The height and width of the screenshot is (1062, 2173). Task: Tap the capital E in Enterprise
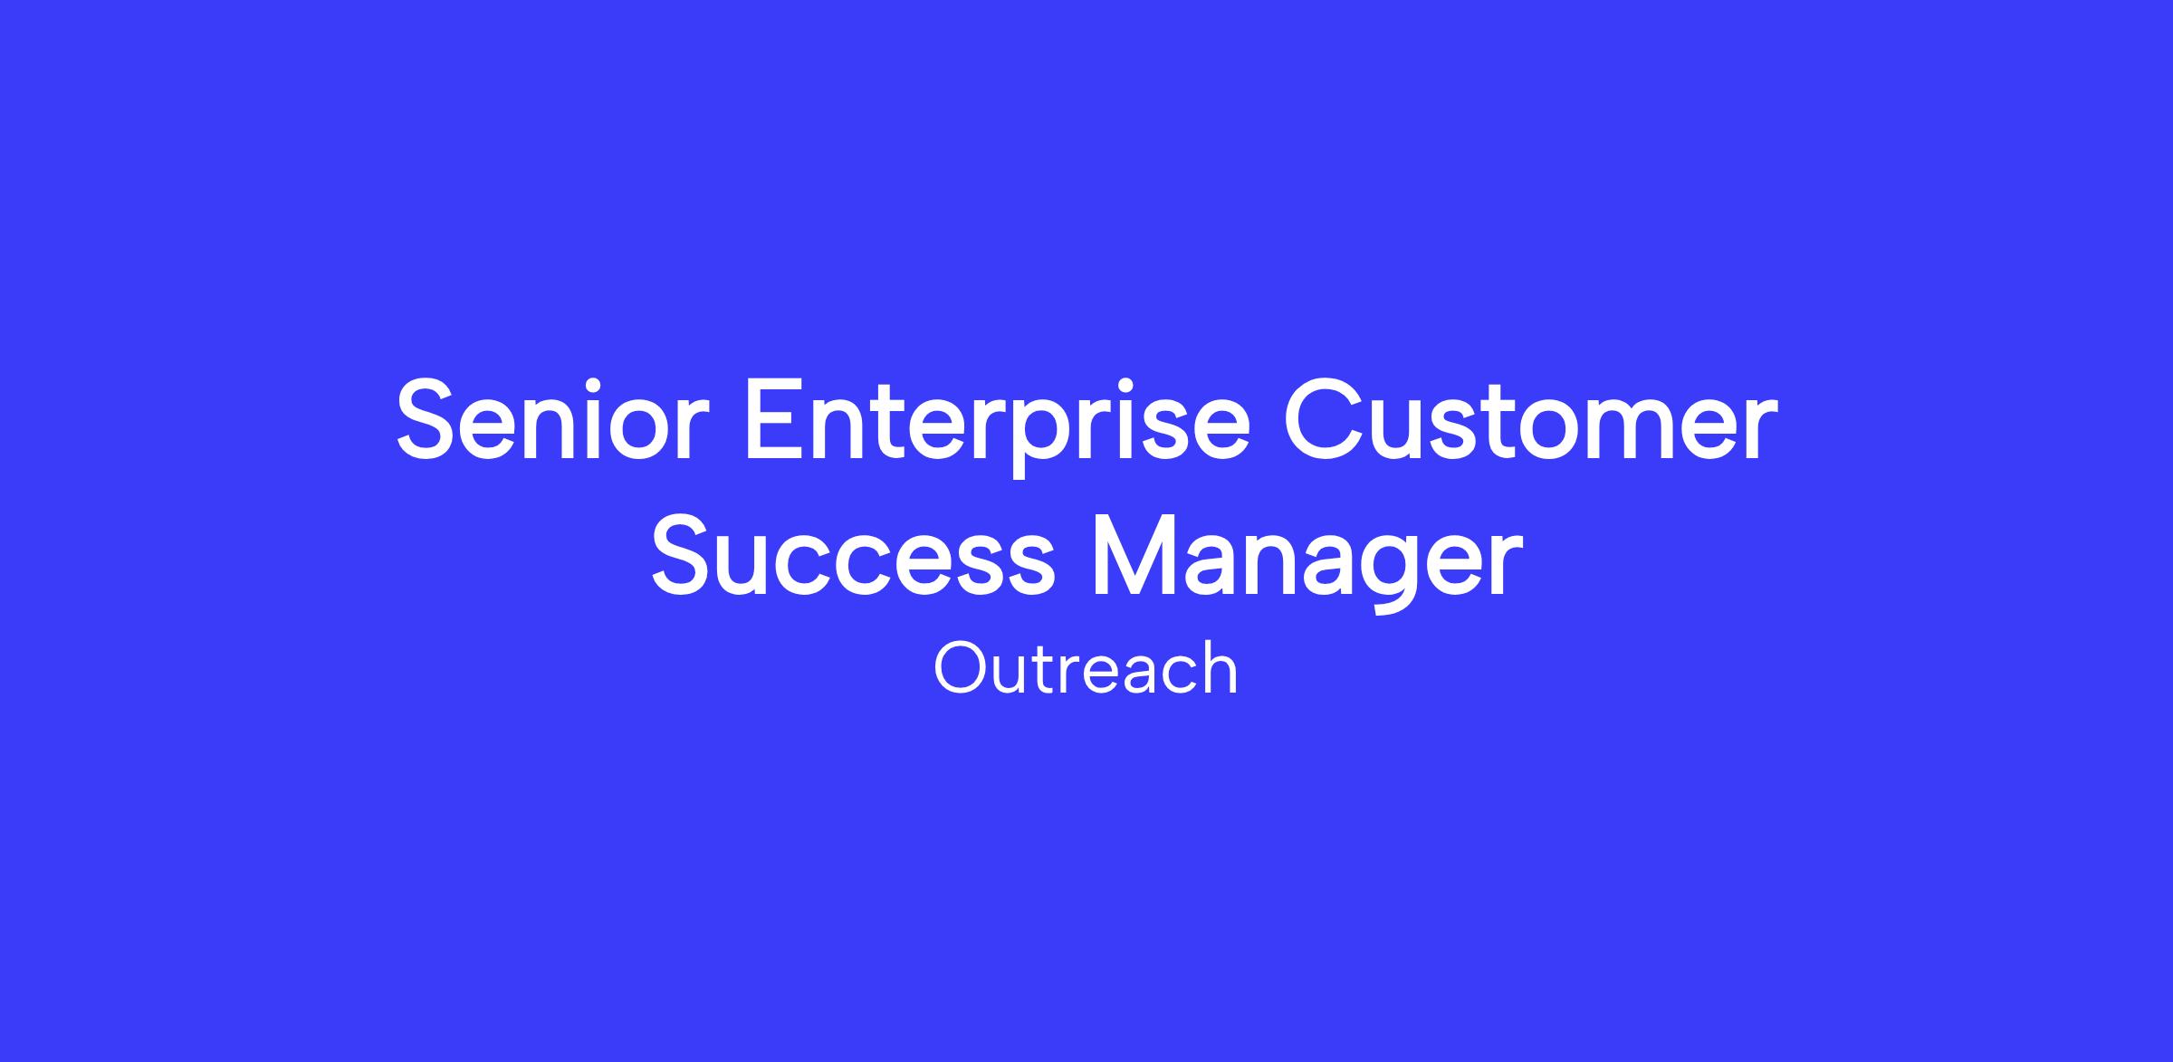pos(775,419)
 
